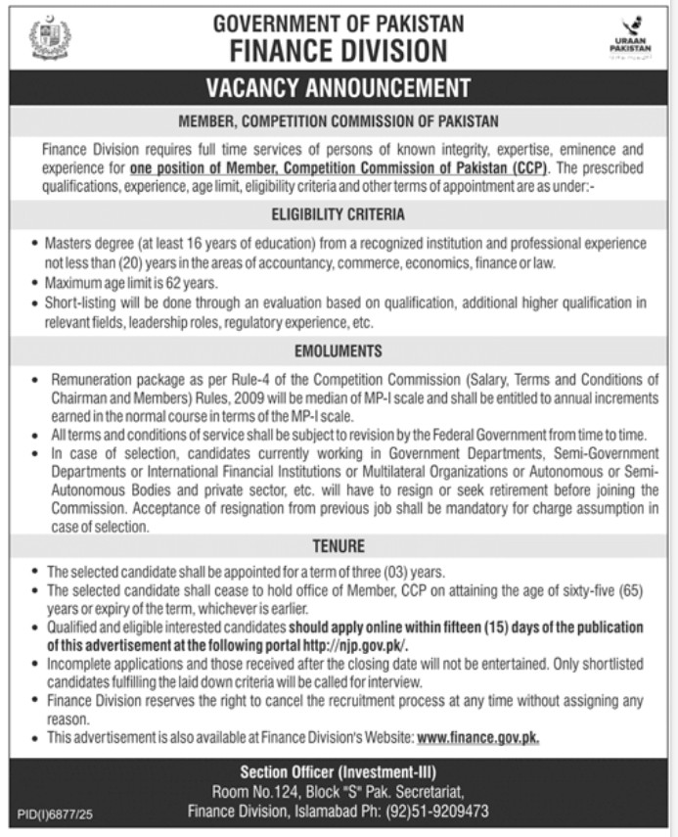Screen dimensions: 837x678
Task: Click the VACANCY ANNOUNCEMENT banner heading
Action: tap(339, 89)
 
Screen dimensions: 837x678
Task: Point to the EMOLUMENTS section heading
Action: tap(339, 350)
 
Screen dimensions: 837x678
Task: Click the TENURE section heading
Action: tap(339, 545)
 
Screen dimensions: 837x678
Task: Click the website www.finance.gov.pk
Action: tap(478, 737)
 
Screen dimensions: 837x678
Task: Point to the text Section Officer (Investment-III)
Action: tap(339, 771)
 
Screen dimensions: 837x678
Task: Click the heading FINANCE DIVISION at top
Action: tap(338, 51)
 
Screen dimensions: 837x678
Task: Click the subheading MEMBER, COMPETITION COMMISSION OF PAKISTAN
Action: tap(339, 124)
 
